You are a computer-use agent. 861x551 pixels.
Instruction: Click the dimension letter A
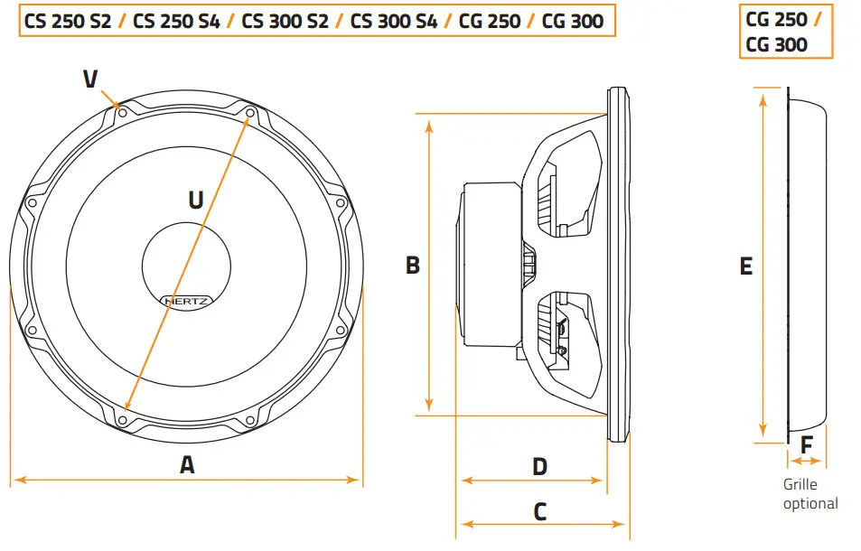pyautogui.click(x=187, y=465)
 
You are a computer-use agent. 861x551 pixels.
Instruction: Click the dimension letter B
pyautogui.click(x=412, y=266)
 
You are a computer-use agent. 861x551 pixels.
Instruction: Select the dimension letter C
pyautogui.click(x=539, y=512)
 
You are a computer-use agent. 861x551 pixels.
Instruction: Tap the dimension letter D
pyautogui.click(x=539, y=467)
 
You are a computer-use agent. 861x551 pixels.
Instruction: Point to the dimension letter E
pyautogui.click(x=745, y=266)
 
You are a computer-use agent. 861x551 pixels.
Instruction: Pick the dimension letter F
pyautogui.click(x=807, y=445)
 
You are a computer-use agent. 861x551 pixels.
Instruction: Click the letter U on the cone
pyautogui.click(x=195, y=200)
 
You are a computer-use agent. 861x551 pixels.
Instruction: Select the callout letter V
pyautogui.click(x=90, y=79)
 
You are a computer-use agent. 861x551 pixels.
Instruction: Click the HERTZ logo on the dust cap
pyautogui.click(x=187, y=300)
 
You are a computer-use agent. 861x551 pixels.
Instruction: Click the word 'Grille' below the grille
pyautogui.click(x=800, y=485)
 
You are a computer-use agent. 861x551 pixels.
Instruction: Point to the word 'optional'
pyautogui.click(x=810, y=503)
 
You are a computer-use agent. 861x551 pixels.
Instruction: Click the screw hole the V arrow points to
pyautogui.click(x=122, y=113)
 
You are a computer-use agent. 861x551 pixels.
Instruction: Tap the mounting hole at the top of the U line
pyautogui.click(x=250, y=113)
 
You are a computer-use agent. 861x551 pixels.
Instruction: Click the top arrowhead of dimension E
pyautogui.click(x=765, y=93)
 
